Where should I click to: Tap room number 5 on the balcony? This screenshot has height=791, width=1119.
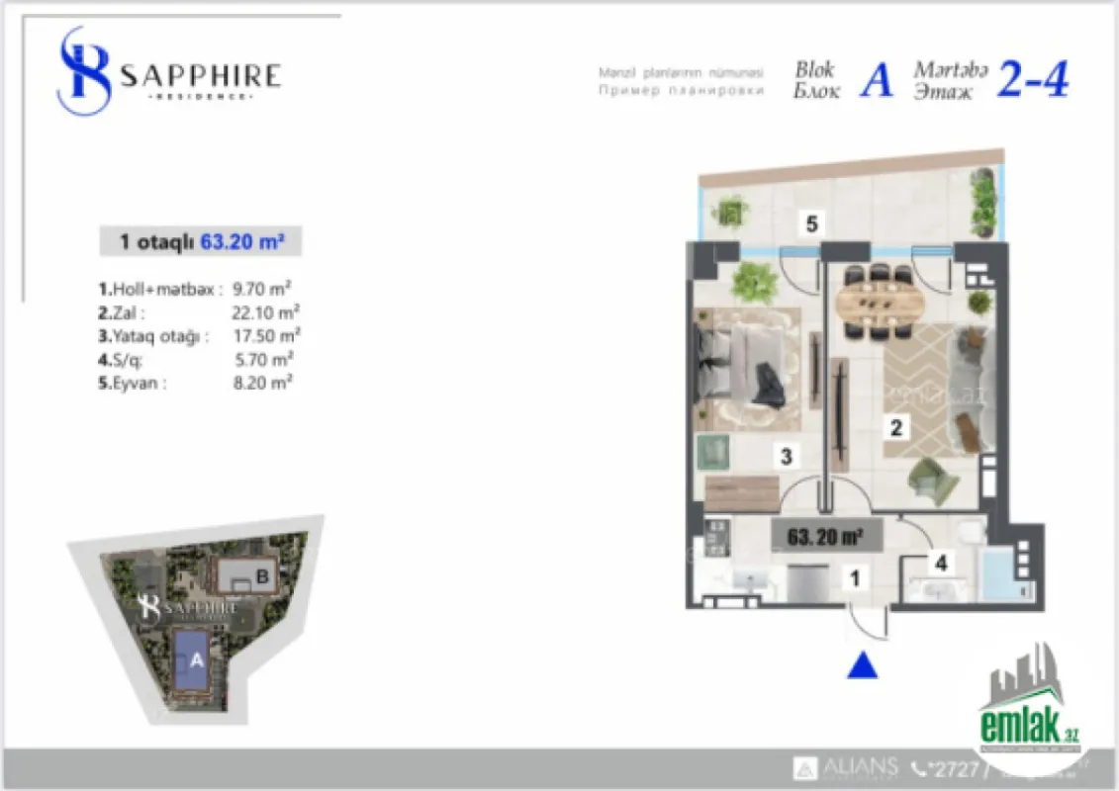tap(811, 224)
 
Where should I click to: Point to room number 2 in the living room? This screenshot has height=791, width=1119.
tap(896, 428)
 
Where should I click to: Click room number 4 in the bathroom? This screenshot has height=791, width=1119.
tap(942, 564)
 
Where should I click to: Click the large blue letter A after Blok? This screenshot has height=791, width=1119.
tap(876, 81)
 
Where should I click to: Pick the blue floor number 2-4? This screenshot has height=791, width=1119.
tap(1032, 79)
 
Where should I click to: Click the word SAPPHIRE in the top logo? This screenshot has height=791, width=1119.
tap(201, 75)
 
